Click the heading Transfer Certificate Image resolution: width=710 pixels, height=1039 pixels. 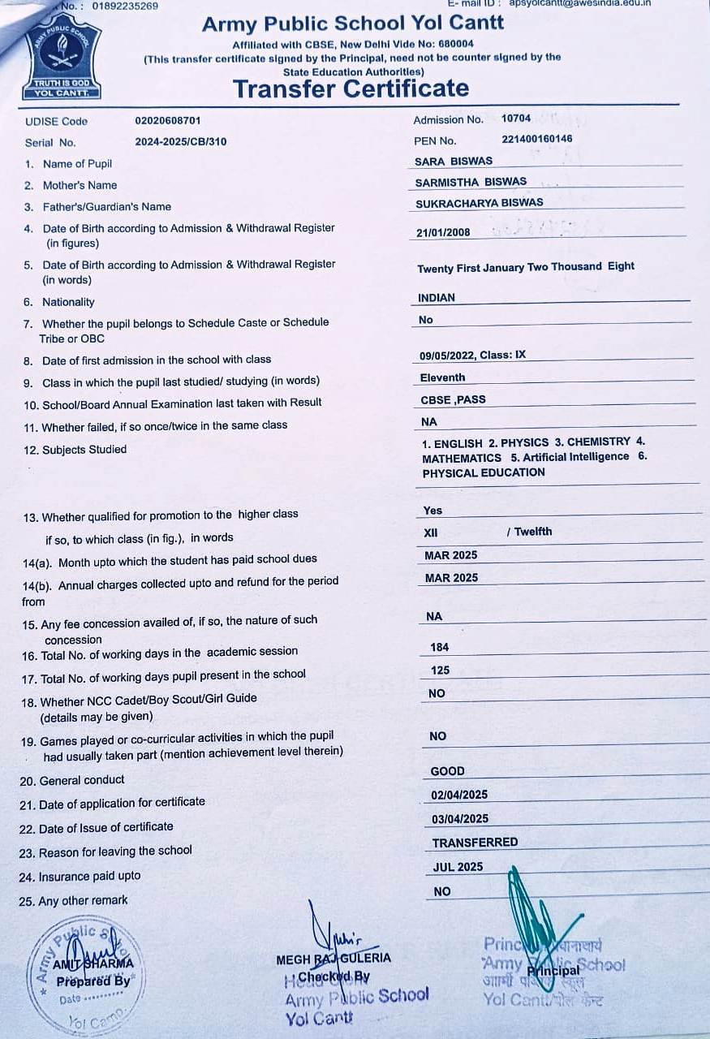[x=351, y=88]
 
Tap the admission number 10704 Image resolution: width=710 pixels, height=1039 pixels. [x=516, y=119]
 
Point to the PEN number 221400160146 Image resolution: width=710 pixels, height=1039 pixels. [x=536, y=139]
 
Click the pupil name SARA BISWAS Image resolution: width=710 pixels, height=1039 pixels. [x=453, y=161]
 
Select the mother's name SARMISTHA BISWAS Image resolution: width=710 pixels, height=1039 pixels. [x=471, y=182]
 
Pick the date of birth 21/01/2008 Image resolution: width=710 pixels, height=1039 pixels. [x=443, y=233]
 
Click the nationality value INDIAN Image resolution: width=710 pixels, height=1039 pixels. [x=437, y=298]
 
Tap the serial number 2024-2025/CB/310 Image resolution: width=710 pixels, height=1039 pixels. [x=181, y=141]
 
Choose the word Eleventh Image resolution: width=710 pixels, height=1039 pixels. [x=442, y=377]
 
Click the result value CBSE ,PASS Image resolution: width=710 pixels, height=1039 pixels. [x=453, y=399]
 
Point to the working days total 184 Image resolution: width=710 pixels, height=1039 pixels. [x=440, y=647]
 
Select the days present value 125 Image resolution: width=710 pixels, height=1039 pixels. [x=440, y=670]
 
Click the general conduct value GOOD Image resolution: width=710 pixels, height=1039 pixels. [x=447, y=771]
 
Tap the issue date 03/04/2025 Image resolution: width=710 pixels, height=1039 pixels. [x=460, y=818]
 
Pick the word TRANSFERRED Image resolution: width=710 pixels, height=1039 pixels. [x=475, y=843]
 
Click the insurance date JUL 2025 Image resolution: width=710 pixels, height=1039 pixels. [x=458, y=867]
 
